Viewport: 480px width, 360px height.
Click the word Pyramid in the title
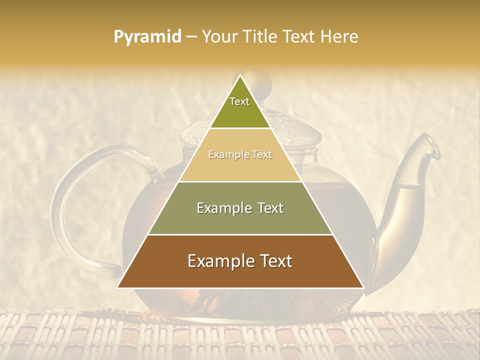click(x=147, y=36)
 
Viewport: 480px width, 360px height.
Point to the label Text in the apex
click(x=239, y=101)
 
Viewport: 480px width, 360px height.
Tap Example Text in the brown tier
click(x=240, y=261)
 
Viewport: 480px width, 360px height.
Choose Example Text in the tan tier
click(x=240, y=155)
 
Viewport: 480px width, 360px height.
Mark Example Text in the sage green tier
click(x=240, y=208)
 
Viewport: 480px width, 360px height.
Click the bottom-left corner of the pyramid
click(x=117, y=287)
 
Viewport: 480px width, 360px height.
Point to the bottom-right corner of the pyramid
click(x=363, y=287)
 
